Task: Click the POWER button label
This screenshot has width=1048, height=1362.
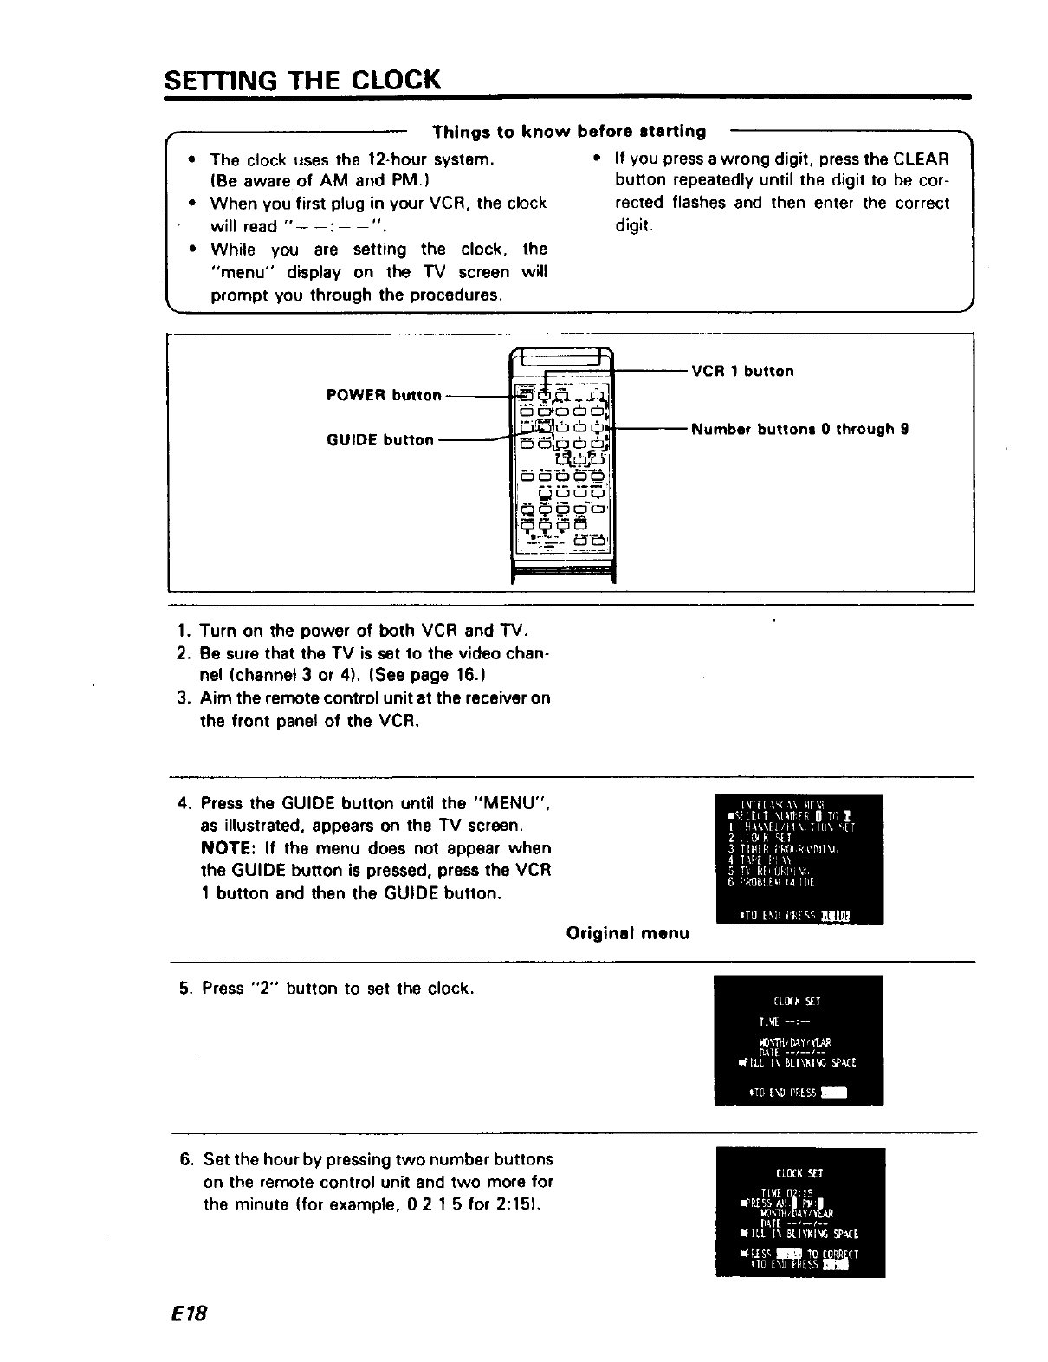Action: pos(384,396)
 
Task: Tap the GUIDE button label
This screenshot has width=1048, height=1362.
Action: pos(379,440)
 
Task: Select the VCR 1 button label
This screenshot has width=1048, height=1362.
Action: pos(742,372)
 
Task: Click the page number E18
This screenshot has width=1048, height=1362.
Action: pos(187,1313)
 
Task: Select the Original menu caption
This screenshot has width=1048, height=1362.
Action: pos(627,933)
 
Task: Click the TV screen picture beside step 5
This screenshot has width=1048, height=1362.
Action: pos(798,1040)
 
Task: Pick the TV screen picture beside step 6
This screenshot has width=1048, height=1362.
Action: pos(799,1212)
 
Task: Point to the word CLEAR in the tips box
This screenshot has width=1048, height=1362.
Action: pos(921,159)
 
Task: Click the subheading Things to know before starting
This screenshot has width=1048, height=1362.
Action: pos(569,132)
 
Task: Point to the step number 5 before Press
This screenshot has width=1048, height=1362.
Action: pos(184,989)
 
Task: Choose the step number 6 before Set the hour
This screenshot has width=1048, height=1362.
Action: pos(185,1159)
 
